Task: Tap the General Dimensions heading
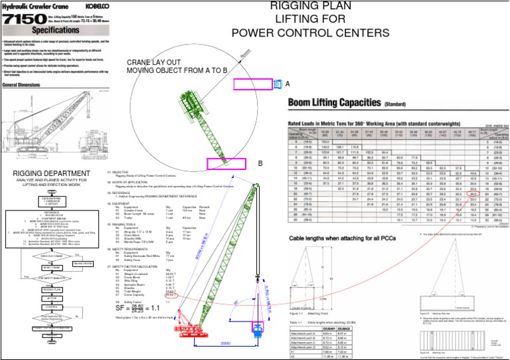pyautogui.click(x=25, y=86)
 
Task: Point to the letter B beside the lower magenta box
pyautogui.click(x=260, y=163)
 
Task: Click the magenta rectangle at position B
pyautogui.click(x=226, y=164)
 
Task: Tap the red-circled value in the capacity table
pyautogui.click(x=472, y=250)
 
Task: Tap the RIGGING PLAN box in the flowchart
pyautogui.click(x=52, y=290)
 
